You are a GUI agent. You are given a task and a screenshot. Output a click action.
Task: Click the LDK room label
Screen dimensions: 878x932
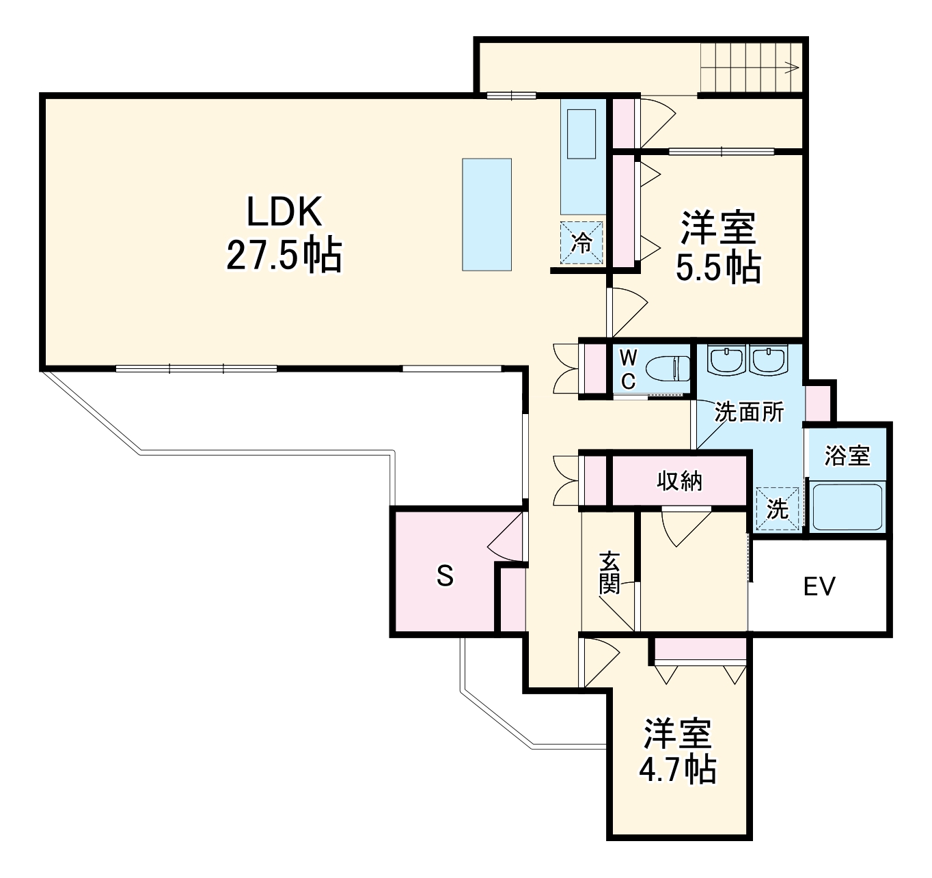(284, 212)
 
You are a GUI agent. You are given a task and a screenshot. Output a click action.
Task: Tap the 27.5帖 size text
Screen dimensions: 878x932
(284, 256)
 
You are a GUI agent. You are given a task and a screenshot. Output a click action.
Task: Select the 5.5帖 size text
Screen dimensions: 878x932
(717, 268)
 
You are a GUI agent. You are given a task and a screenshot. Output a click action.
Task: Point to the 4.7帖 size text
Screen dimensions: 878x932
(677, 770)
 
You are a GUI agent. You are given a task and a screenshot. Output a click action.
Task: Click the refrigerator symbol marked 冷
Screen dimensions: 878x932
(582, 243)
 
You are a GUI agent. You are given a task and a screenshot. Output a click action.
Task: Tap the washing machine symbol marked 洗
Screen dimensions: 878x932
(778, 508)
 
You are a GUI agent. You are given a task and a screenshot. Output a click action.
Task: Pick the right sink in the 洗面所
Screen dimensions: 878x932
(769, 359)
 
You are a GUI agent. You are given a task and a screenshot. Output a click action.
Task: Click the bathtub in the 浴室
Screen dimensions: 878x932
(847, 506)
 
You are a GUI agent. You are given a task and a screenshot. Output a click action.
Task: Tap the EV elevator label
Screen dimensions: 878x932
(819, 586)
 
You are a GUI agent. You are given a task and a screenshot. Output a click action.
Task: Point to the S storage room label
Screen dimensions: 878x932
(445, 577)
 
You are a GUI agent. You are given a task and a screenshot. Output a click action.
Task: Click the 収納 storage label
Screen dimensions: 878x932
(679, 481)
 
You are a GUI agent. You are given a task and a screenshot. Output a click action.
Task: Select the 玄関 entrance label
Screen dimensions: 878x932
(609, 572)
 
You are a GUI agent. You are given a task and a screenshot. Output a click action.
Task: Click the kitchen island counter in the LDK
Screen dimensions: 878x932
(486, 215)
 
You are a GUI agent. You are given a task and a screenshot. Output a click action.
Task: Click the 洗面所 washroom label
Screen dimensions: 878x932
(750, 412)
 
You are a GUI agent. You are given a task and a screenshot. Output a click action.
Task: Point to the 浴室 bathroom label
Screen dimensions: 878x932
(847, 455)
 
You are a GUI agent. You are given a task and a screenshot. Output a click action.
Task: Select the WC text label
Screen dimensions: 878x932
(629, 369)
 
